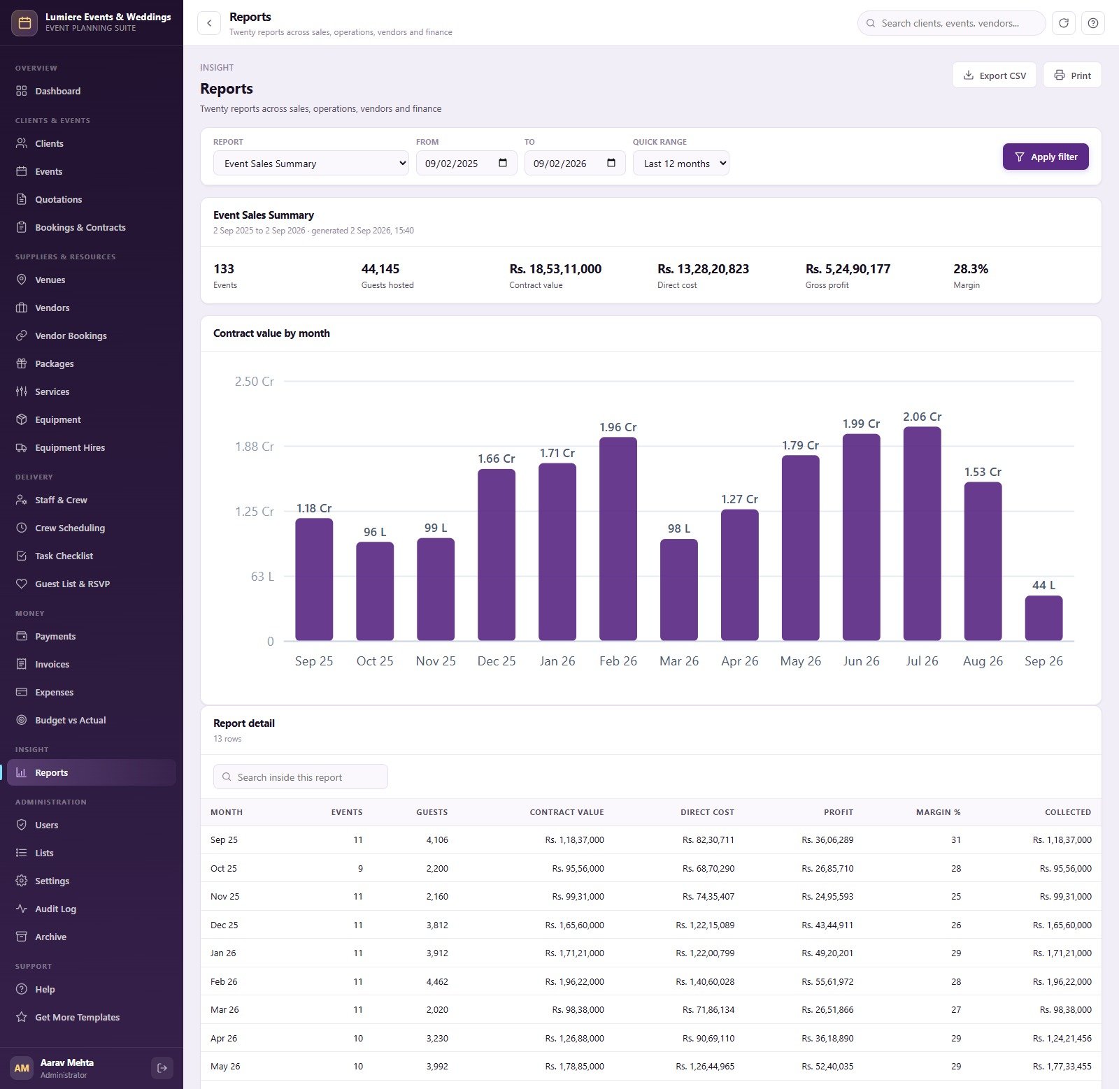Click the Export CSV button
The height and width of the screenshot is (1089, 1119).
click(x=994, y=75)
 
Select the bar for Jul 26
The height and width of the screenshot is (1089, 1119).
click(x=922, y=533)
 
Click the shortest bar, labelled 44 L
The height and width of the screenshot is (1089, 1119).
click(x=1043, y=618)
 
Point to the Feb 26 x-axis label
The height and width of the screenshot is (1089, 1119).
click(x=618, y=661)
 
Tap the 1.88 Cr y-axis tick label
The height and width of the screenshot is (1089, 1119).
click(x=255, y=447)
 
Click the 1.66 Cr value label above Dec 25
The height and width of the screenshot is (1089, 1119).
click(x=497, y=459)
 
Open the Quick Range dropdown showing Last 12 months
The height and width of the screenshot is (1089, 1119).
click(x=680, y=164)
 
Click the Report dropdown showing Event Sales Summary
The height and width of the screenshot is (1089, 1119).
click(x=311, y=164)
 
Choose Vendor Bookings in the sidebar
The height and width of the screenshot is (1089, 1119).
click(x=71, y=336)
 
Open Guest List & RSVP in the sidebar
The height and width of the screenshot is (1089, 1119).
click(x=72, y=584)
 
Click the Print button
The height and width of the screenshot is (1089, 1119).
click(x=1072, y=75)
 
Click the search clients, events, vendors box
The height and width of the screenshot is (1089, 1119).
click(x=951, y=23)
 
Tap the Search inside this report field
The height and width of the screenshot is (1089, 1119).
click(x=301, y=777)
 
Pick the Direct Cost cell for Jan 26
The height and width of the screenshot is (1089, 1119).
click(x=705, y=953)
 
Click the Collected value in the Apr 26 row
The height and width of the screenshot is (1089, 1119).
click(x=1062, y=1039)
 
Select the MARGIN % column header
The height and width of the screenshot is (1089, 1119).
click(x=938, y=812)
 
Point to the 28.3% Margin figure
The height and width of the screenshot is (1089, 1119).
click(x=971, y=269)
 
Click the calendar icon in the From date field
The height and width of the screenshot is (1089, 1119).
click(x=503, y=163)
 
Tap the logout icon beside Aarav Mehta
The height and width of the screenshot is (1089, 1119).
click(x=162, y=1068)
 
